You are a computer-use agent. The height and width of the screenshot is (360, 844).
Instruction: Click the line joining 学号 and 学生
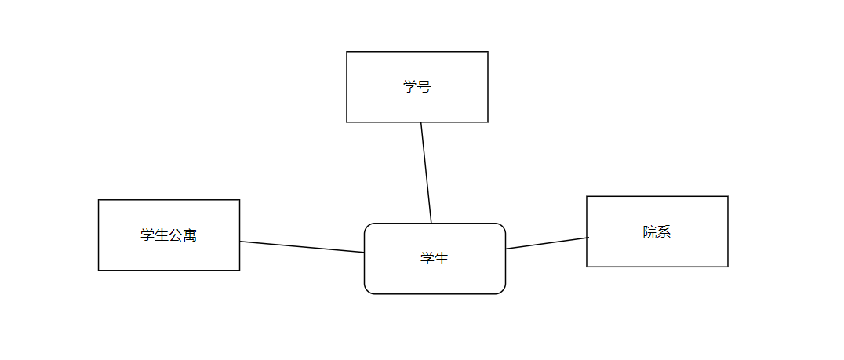coord(426,173)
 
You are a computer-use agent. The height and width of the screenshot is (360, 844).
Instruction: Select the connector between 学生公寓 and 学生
coord(302,247)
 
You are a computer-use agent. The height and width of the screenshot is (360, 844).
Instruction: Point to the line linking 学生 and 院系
coord(547,243)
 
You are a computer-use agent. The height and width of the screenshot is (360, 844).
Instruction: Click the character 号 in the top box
coord(424,86)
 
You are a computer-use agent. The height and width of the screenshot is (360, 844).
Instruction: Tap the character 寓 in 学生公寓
coord(190,235)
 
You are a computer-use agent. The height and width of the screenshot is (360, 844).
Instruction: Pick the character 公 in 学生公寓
coord(176,235)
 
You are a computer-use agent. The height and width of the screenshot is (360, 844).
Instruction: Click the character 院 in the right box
coord(649,231)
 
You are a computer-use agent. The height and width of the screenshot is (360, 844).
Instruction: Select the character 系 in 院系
coord(664,231)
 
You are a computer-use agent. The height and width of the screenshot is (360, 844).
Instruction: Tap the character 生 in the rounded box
coord(442,258)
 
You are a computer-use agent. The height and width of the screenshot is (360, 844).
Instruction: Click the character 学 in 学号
coord(409,86)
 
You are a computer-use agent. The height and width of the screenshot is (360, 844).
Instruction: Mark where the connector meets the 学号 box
coord(421,122)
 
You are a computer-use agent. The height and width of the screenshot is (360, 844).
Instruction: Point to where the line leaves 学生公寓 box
coord(240,242)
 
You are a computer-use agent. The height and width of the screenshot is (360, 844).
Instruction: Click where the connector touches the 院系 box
coord(588,237)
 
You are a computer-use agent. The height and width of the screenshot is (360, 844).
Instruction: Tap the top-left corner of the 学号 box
coord(347,52)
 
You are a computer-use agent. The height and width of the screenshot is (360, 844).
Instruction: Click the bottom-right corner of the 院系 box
coord(728,267)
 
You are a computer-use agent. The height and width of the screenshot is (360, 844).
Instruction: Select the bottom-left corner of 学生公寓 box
coord(98,271)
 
